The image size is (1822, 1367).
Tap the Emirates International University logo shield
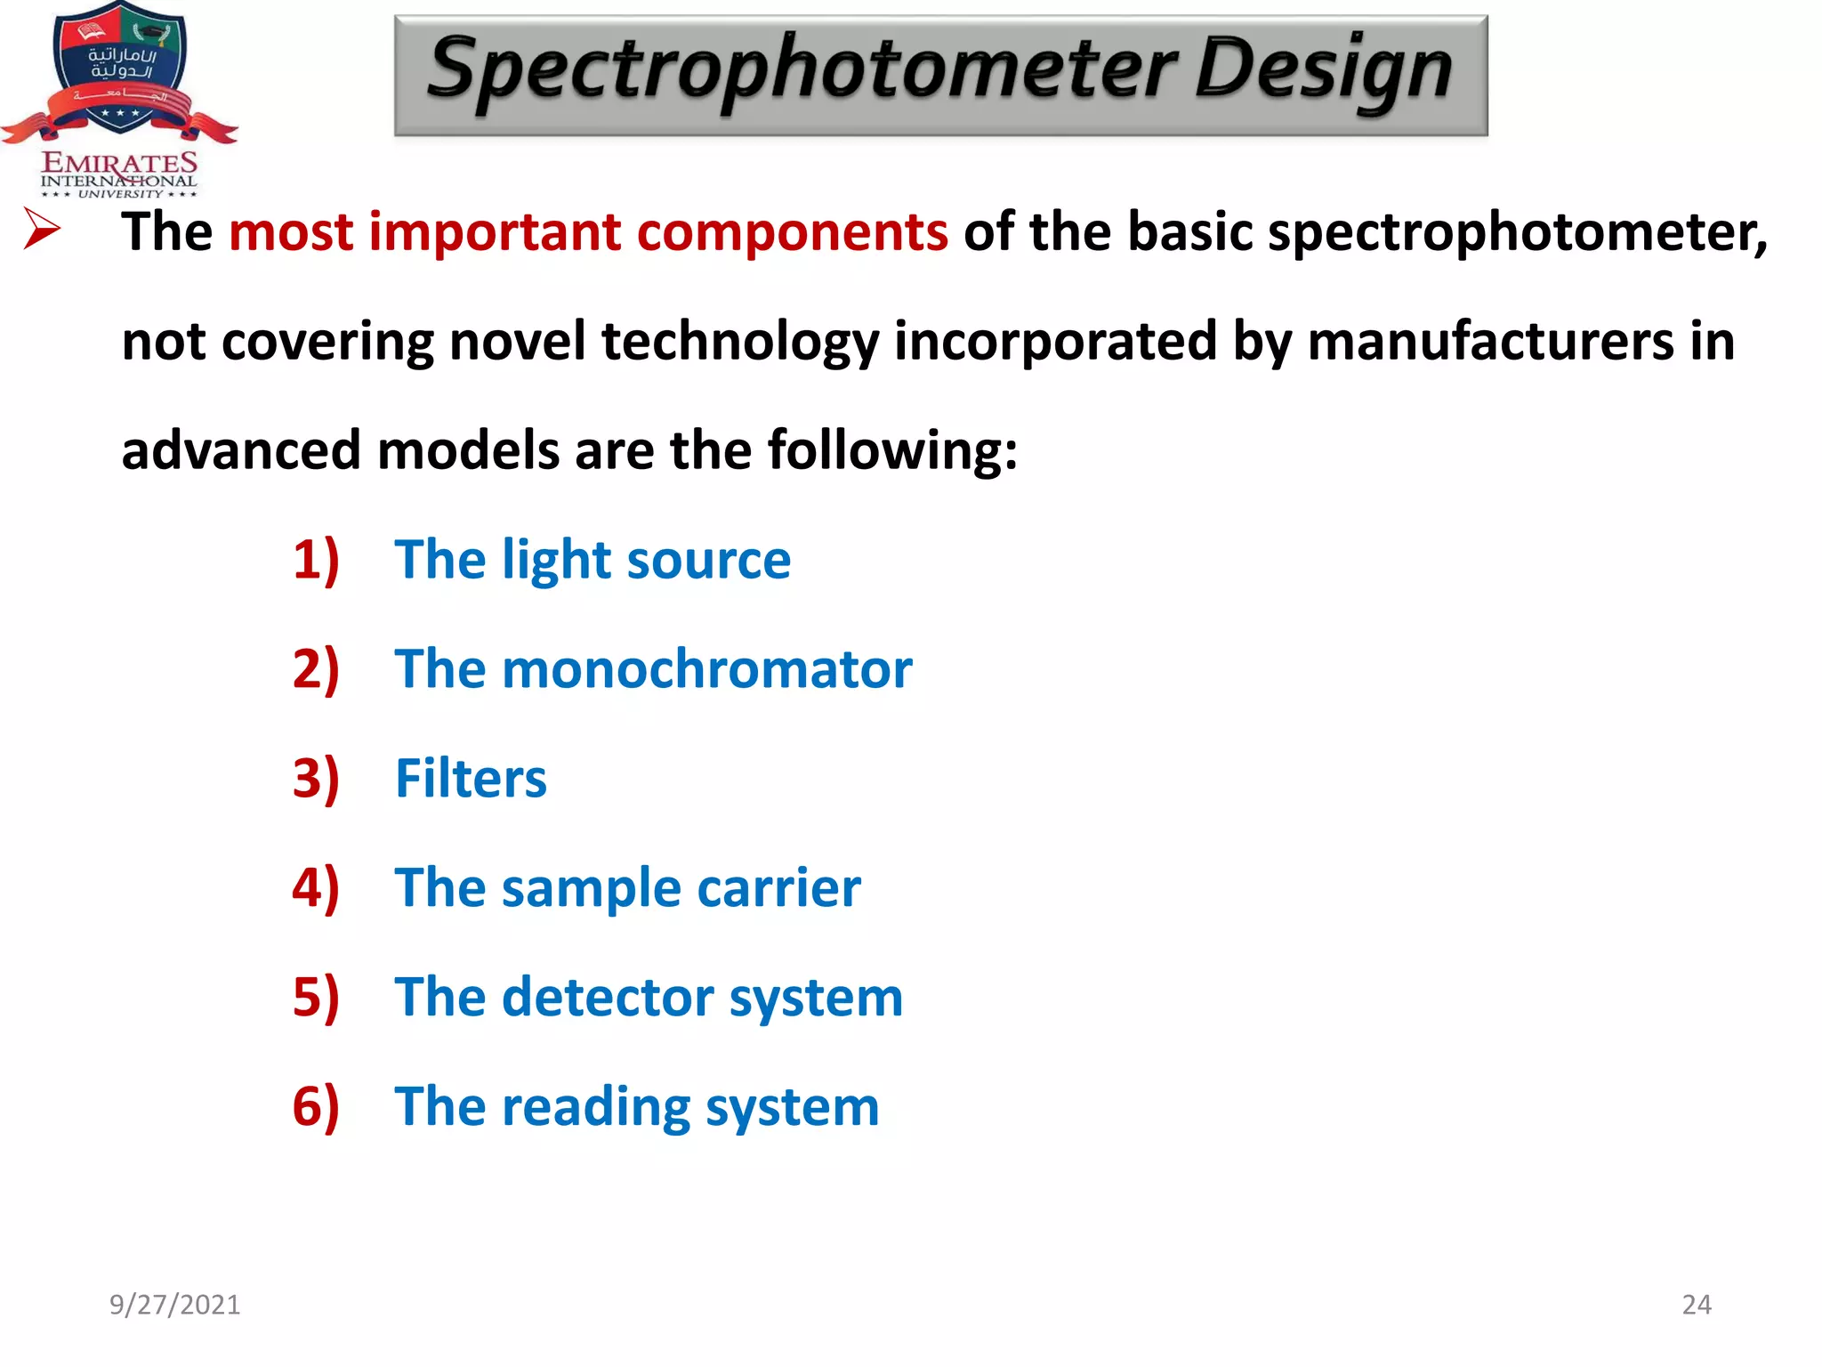pyautogui.click(x=120, y=67)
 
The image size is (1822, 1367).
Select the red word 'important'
pyautogui.click(x=495, y=232)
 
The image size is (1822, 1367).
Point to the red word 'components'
pyautogui.click(x=793, y=232)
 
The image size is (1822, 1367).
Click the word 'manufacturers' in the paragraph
pyautogui.click(x=1490, y=342)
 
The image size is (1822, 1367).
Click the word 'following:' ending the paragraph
pyautogui.click(x=892, y=451)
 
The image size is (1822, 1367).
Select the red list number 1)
pyautogui.click(x=316, y=561)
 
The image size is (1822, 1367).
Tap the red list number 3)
pyautogui.click(x=316, y=779)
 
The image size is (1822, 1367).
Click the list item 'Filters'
pyautogui.click(x=471, y=779)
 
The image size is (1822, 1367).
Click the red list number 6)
pyautogui.click(x=316, y=1107)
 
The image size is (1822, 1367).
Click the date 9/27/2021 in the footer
pyautogui.click(x=174, y=1305)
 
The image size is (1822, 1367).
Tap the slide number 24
pyautogui.click(x=1697, y=1305)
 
